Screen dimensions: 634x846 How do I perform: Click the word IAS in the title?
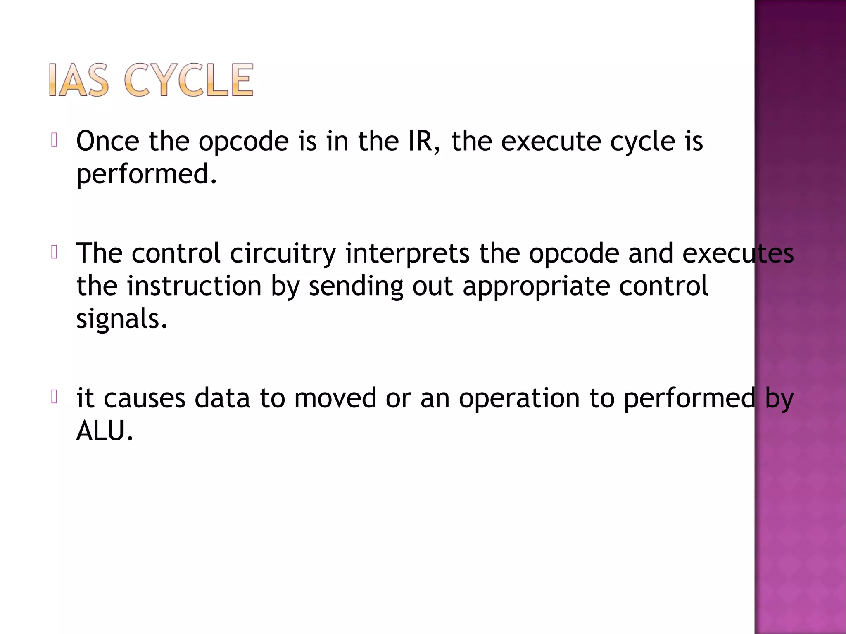[x=79, y=80]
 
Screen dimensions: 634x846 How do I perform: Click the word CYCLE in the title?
[x=188, y=80]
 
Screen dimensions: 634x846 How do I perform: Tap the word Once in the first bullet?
[x=108, y=141]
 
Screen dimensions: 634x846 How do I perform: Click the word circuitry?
[x=283, y=253]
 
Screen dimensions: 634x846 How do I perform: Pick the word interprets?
[x=407, y=254]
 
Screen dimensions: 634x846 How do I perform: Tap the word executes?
[x=738, y=253]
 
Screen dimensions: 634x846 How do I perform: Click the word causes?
[x=144, y=398]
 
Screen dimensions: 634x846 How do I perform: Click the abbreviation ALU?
[x=105, y=431]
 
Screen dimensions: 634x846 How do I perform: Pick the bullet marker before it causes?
[x=54, y=397]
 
